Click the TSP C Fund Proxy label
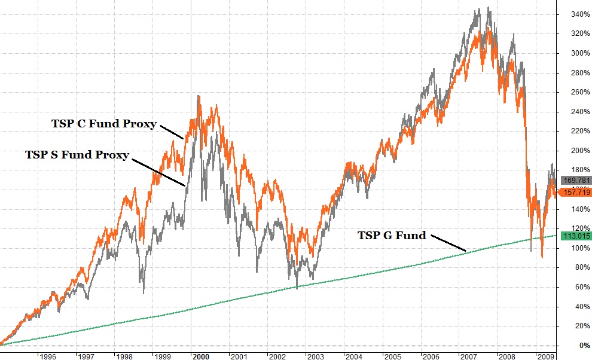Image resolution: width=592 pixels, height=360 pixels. pos(104,124)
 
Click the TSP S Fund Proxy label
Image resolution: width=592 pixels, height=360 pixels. pos(77,155)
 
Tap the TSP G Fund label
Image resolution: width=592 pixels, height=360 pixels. pos(392,235)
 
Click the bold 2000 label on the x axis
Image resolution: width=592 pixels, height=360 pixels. pos(200,356)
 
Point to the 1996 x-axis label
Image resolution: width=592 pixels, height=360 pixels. pos(47,356)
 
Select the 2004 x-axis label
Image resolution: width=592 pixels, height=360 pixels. pos(353,356)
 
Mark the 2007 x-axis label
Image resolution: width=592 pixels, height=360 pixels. pos(468,356)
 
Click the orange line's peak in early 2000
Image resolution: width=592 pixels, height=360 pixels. pos(199,96)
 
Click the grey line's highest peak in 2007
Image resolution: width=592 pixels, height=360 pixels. pos(489,8)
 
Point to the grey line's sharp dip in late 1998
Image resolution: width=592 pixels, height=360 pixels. pos(144,293)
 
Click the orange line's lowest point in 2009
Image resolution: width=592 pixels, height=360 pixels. pos(542,257)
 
